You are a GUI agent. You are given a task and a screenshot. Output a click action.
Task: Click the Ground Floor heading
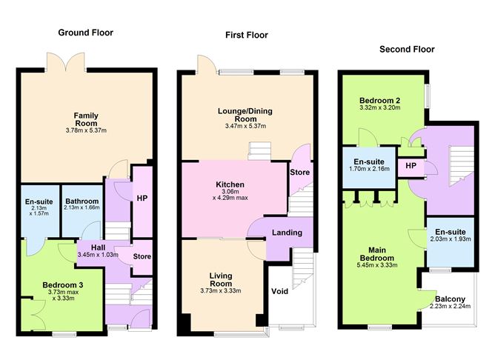(x=85, y=33)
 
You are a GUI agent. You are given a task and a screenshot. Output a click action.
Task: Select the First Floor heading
(x=247, y=35)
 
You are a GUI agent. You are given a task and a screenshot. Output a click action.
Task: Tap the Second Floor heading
(x=407, y=49)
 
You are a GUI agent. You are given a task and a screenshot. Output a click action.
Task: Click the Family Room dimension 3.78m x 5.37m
(x=86, y=130)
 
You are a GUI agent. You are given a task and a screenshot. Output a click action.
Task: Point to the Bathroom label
(x=82, y=201)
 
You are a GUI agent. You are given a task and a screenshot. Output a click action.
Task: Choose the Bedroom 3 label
(x=63, y=285)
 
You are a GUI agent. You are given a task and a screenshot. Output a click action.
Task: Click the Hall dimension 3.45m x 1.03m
(x=98, y=255)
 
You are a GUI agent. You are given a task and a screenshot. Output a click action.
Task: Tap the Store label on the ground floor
(x=142, y=256)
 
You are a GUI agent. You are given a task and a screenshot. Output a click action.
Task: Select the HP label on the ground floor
(x=142, y=198)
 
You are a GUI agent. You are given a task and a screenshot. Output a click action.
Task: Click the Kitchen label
(x=230, y=184)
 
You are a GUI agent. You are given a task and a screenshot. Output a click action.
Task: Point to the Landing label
(x=287, y=233)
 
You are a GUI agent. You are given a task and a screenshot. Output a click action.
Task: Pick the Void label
(x=279, y=291)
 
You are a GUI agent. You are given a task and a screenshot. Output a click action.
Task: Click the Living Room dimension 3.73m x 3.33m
(x=221, y=290)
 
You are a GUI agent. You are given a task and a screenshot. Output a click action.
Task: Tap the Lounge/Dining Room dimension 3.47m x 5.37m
(x=245, y=126)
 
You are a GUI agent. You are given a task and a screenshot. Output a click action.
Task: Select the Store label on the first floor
(x=300, y=173)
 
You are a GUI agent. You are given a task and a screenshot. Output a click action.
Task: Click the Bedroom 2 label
(x=380, y=101)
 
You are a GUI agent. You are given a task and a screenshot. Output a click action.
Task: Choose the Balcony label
(x=451, y=299)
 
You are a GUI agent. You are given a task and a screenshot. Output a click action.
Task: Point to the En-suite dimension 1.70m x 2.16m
(x=369, y=169)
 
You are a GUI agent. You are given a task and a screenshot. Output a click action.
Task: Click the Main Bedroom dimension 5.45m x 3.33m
(x=377, y=265)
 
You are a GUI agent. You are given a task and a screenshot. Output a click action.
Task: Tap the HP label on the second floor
(x=411, y=166)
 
